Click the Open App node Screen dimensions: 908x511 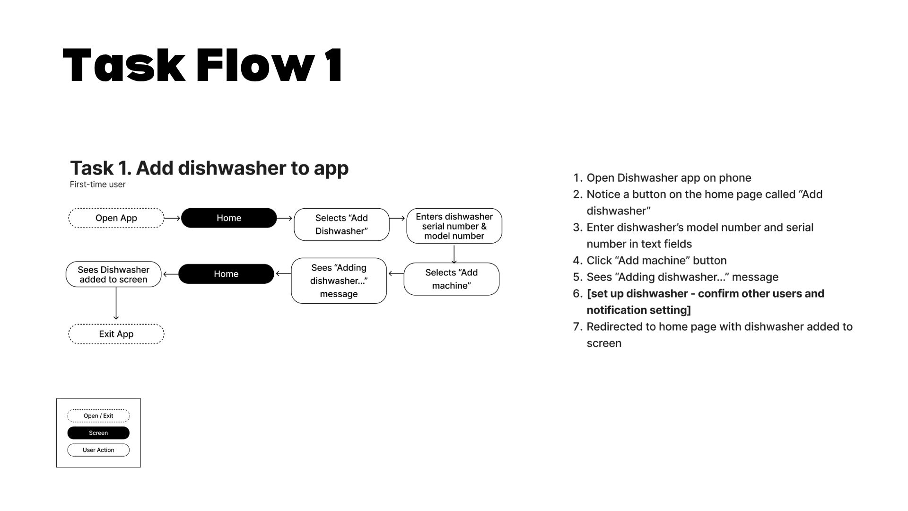(116, 218)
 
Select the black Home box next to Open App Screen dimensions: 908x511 (229, 218)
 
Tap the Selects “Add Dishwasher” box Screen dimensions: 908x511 (341, 224)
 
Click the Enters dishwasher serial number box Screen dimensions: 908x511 (454, 226)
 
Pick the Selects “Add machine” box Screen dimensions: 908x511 (452, 279)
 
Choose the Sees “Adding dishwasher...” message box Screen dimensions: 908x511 (339, 281)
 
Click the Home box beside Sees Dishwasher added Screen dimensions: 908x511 (226, 274)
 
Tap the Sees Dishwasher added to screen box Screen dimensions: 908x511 (113, 274)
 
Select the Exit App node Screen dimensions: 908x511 (116, 334)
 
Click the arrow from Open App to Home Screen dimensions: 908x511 (173, 218)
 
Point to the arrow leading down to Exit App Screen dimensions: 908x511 (116, 304)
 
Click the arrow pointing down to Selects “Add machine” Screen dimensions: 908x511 (454, 254)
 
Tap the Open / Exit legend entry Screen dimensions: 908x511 (98, 416)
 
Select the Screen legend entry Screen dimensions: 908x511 (98, 433)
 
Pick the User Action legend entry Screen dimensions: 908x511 (98, 450)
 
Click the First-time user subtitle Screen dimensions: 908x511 (97, 185)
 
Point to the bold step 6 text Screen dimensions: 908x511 (705, 302)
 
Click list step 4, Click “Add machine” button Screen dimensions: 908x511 (656, 261)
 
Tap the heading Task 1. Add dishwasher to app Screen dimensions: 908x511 (210, 168)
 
